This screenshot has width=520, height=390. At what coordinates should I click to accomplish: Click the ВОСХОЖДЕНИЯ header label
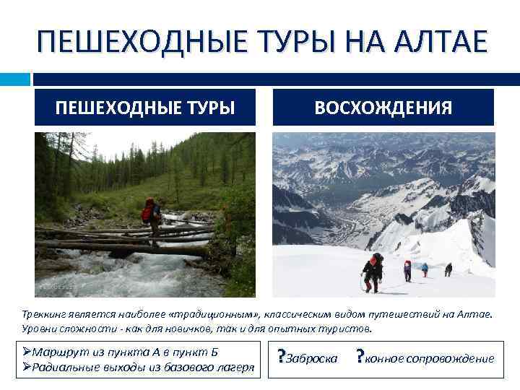(383, 108)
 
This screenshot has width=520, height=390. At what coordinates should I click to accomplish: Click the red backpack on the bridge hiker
(148, 212)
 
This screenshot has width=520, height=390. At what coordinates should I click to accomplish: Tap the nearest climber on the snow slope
(373, 272)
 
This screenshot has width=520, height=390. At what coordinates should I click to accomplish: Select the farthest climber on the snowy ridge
(448, 269)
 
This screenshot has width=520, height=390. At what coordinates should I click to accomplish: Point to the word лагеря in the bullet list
(236, 367)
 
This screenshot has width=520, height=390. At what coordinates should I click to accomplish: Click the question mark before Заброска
(281, 357)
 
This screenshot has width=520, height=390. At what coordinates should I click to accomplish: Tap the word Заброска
(312, 359)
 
